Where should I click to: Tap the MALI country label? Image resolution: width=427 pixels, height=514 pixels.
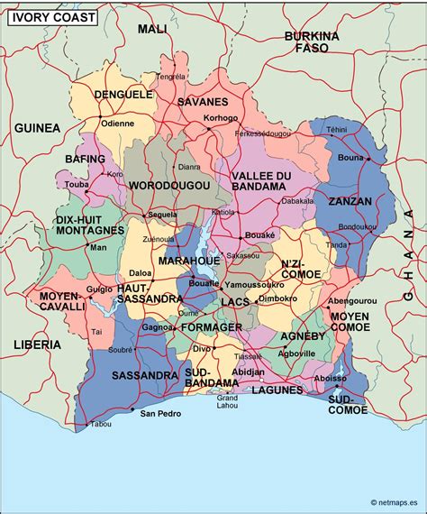coord(152,30)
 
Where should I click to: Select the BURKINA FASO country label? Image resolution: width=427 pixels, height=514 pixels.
coord(311,41)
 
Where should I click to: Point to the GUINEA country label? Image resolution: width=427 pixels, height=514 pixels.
coord(37,128)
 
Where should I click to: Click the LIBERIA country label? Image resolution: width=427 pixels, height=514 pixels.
coord(37,344)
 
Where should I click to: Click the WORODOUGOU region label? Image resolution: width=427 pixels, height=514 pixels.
coord(169,185)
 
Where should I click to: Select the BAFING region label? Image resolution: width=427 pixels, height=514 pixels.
coord(86,160)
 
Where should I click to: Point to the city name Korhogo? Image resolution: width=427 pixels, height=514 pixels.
coord(221,118)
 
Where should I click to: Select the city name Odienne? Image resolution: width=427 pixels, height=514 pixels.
coord(117,124)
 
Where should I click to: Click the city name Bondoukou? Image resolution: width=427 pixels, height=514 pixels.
coord(357,226)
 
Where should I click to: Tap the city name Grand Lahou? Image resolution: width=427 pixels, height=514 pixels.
coord(228,401)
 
